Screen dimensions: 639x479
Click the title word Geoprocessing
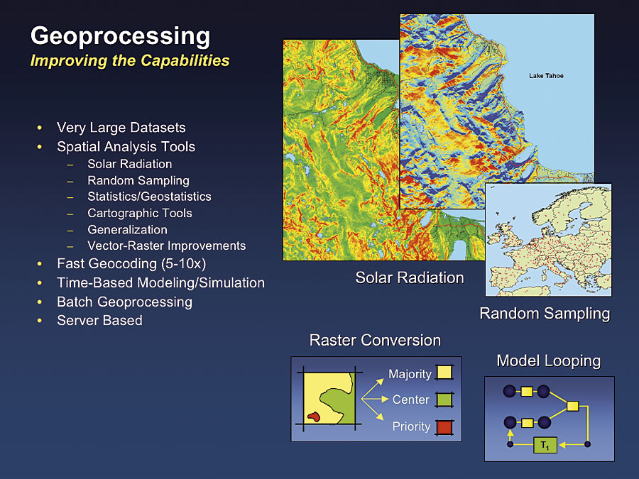(x=120, y=37)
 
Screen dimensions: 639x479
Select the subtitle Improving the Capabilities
(x=130, y=61)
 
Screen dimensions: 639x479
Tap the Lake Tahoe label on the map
(x=546, y=76)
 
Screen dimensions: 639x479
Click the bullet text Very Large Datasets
(x=121, y=128)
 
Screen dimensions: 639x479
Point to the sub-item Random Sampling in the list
(x=138, y=180)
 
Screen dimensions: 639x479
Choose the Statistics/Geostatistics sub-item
(x=149, y=197)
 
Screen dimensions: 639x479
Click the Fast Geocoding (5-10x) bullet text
(x=131, y=264)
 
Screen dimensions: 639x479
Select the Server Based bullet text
(x=99, y=321)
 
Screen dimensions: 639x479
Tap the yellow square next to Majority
(x=444, y=373)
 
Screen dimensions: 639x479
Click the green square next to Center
(x=444, y=400)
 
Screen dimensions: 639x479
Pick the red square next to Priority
(x=444, y=427)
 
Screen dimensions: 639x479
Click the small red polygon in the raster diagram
(x=314, y=417)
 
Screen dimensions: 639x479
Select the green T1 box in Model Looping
(x=545, y=445)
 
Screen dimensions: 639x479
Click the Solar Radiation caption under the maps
(x=410, y=277)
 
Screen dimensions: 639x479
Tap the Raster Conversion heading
(x=375, y=341)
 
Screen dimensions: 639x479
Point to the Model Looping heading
(x=549, y=361)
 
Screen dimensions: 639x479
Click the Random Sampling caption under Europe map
(x=545, y=314)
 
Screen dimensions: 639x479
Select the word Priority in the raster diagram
(x=411, y=426)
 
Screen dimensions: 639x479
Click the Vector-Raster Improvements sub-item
(x=167, y=246)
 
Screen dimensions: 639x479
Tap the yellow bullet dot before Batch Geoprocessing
(x=40, y=302)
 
